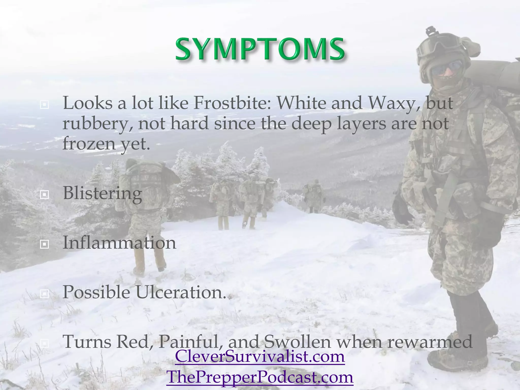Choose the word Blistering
(102, 193)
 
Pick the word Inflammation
(119, 242)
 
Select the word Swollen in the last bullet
(297, 342)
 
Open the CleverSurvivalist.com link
(260, 356)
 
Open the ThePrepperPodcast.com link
(260, 377)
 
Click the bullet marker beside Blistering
(44, 195)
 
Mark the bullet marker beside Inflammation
(44, 244)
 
